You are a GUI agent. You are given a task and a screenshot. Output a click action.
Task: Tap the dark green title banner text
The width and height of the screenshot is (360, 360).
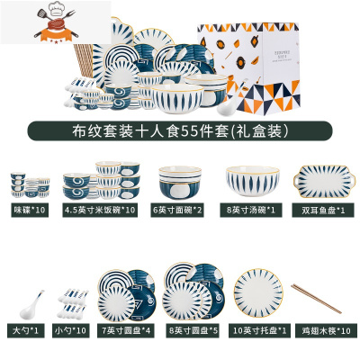pos(179,130)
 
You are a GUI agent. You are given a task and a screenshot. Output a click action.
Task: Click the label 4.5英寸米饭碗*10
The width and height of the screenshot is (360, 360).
pos(100,210)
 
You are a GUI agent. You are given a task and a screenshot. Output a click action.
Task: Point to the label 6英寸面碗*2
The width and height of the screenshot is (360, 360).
pos(178,210)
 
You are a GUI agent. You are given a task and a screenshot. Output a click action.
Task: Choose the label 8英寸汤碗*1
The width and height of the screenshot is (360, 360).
pos(245,210)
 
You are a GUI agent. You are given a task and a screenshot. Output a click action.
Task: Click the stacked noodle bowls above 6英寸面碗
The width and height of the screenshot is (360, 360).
pos(178,183)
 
